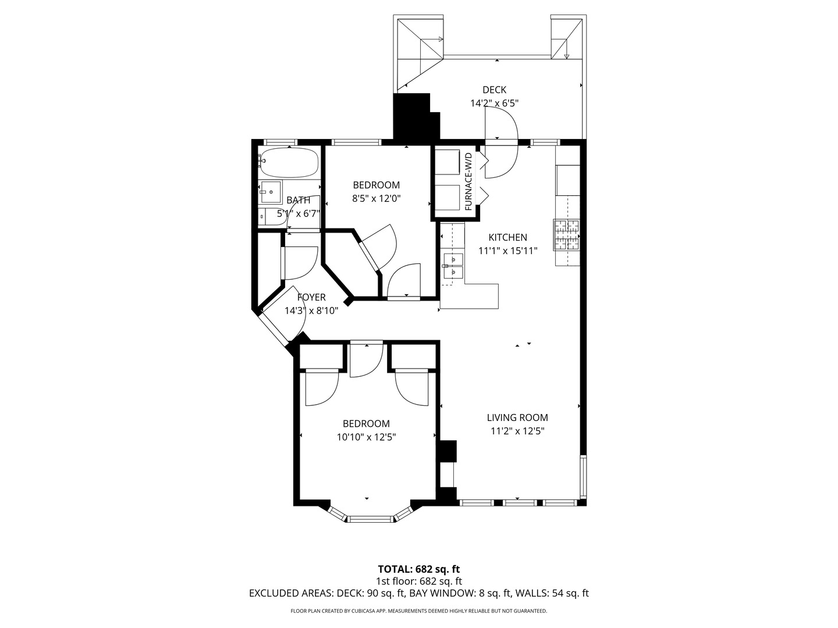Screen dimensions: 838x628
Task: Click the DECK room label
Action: (494, 90)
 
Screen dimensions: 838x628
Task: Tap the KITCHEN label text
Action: (507, 238)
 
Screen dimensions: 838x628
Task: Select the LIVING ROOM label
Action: (517, 418)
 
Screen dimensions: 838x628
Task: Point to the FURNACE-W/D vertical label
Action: (468, 181)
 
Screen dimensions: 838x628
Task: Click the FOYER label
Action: (311, 297)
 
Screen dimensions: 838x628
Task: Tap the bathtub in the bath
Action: (289, 162)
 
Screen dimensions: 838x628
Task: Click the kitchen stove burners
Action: (567, 235)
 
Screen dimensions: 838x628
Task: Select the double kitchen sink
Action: (453, 265)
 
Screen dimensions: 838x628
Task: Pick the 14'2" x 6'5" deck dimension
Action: (494, 104)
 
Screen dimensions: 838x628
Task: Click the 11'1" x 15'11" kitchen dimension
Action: (508, 251)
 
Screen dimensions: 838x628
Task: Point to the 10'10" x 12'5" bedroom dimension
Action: (366, 437)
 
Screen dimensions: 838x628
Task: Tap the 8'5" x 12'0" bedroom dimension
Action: (376, 199)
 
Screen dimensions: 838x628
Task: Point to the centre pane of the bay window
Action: (370, 519)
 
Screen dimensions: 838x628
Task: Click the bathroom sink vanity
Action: (271, 192)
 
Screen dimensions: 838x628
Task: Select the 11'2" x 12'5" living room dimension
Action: (517, 431)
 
